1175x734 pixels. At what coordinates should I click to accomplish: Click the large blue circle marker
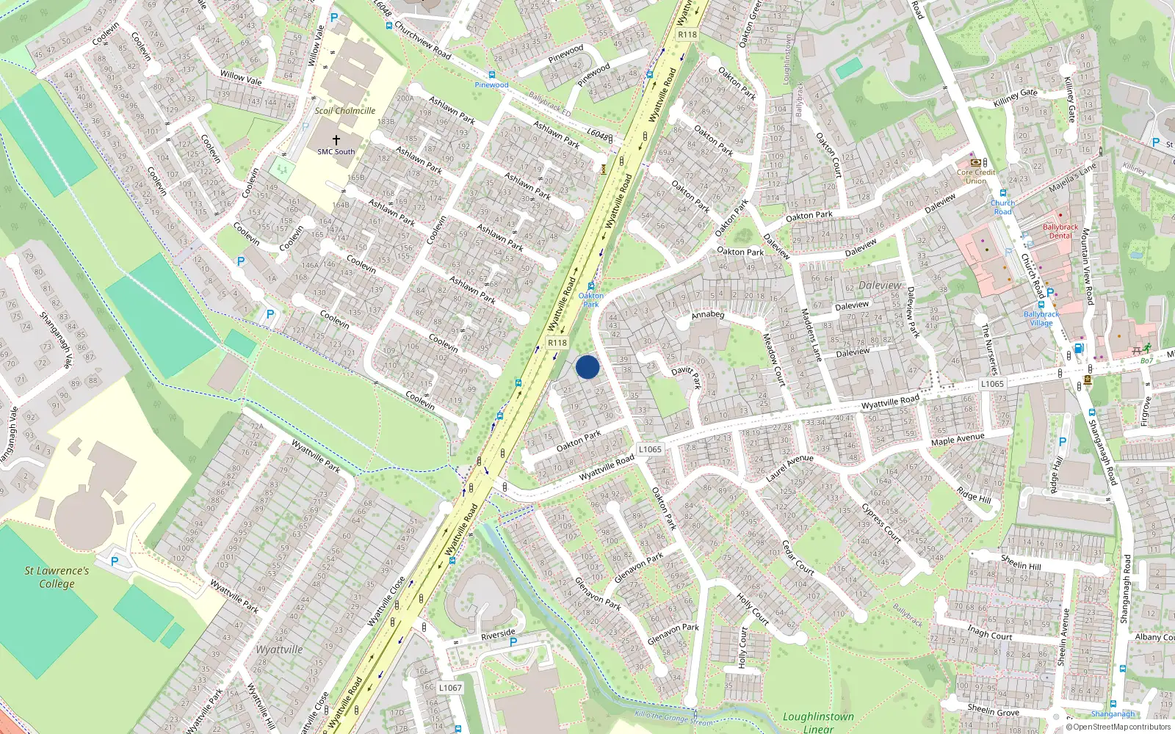pyautogui.click(x=587, y=367)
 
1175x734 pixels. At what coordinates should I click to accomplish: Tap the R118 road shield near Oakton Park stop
pyautogui.click(x=557, y=343)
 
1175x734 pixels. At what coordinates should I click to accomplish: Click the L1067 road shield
pyautogui.click(x=450, y=688)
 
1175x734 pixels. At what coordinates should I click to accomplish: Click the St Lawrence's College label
pyautogui.click(x=57, y=577)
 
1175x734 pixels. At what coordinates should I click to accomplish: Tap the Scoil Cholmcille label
pyautogui.click(x=344, y=111)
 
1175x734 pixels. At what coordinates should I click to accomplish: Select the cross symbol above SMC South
pyautogui.click(x=336, y=139)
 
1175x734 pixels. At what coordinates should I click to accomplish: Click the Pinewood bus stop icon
pyautogui.click(x=491, y=75)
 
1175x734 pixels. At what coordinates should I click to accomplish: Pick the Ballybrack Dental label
pyautogui.click(x=1060, y=231)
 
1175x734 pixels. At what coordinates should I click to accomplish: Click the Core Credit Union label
pyautogui.click(x=976, y=176)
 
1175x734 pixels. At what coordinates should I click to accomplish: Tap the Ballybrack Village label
pyautogui.click(x=1041, y=318)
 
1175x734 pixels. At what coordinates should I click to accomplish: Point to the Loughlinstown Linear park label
pyautogui.click(x=818, y=722)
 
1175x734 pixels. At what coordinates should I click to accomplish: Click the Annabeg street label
pyautogui.click(x=708, y=314)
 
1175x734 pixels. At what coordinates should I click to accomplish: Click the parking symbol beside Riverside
pyautogui.click(x=513, y=642)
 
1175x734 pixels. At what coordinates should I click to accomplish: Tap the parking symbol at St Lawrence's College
pyautogui.click(x=115, y=561)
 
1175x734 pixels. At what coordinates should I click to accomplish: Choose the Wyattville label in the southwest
pyautogui.click(x=279, y=650)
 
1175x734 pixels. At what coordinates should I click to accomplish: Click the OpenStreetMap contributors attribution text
pyautogui.click(x=1118, y=727)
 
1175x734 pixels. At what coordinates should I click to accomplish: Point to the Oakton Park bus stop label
pyautogui.click(x=590, y=299)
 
